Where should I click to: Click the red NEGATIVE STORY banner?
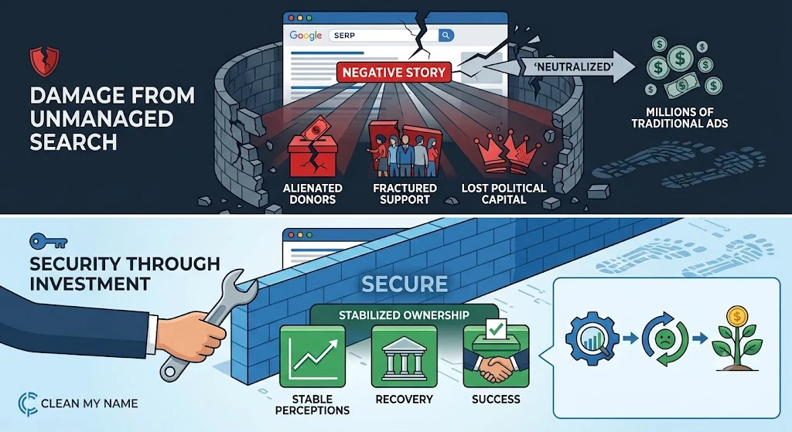pyautogui.click(x=394, y=72)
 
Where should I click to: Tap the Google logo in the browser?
pyautogui.click(x=306, y=36)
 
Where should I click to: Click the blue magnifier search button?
pyautogui.click(x=445, y=36)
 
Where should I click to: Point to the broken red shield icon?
pyautogui.click(x=44, y=61)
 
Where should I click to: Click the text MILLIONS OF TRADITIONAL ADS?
pyautogui.click(x=679, y=117)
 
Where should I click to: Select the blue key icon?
pyautogui.click(x=48, y=241)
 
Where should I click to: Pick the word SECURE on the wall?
pyautogui.click(x=404, y=284)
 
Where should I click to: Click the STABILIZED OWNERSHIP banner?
pyautogui.click(x=404, y=315)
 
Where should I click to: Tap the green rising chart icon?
pyautogui.click(x=312, y=356)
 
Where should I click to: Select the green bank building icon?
pyautogui.click(x=404, y=356)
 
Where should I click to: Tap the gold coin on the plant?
pyautogui.click(x=737, y=316)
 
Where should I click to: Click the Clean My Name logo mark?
pyautogui.click(x=27, y=403)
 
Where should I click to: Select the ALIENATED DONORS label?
pyautogui.click(x=312, y=194)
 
